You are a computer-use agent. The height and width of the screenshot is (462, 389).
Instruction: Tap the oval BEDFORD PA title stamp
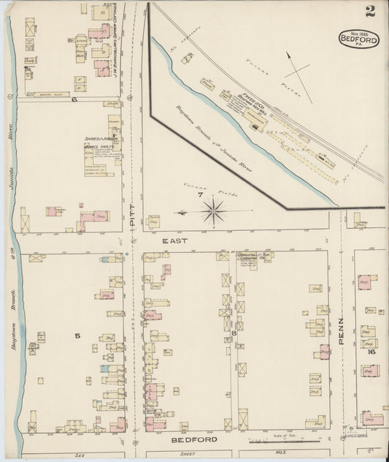click(x=359, y=39)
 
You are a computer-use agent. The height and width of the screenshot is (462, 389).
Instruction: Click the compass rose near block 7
click(x=214, y=213)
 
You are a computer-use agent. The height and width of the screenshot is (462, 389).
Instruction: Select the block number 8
click(x=234, y=334)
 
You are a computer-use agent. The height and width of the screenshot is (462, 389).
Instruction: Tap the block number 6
click(x=74, y=99)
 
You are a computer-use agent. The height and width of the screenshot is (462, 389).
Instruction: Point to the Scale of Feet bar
click(x=290, y=440)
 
